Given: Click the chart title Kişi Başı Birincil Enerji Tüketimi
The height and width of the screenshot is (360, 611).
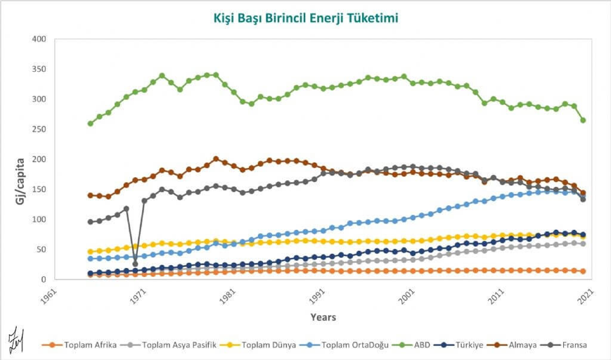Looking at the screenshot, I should click(306, 18).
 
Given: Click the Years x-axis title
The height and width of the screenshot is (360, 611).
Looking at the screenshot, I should click(323, 317).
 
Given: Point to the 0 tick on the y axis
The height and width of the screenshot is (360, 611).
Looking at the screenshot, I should click(43, 280).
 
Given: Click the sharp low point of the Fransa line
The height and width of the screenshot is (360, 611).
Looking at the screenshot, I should click(135, 264).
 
